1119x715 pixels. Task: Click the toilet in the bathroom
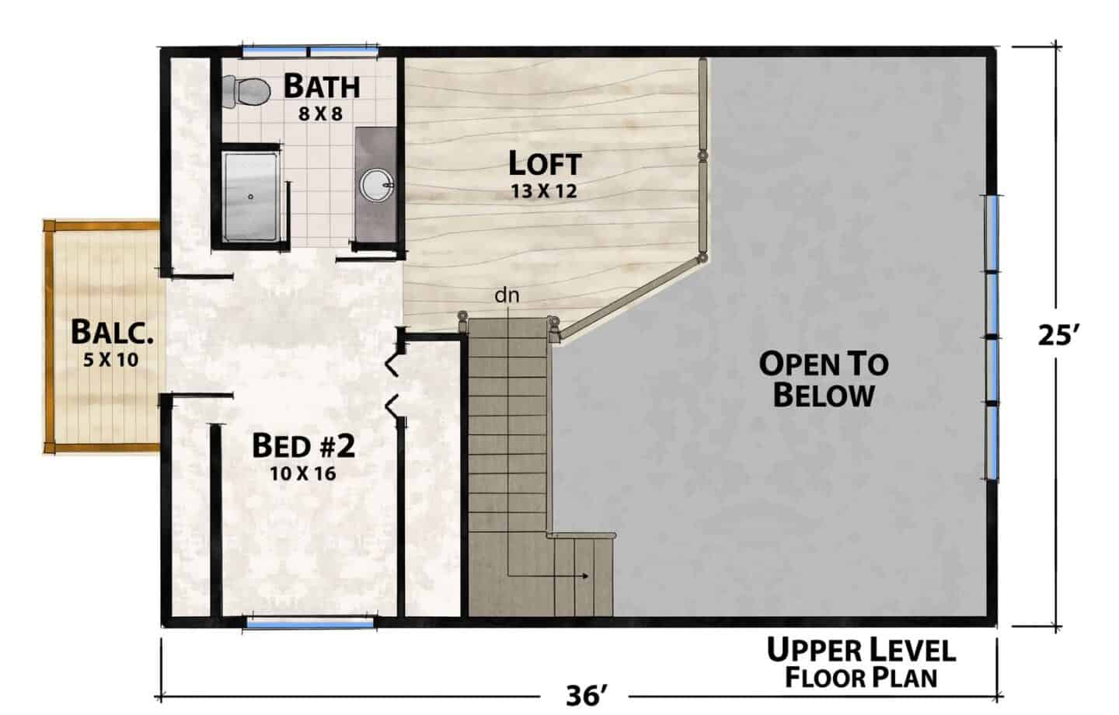point(246,92)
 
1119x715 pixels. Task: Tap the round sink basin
point(376,184)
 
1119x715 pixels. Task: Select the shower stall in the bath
point(249,197)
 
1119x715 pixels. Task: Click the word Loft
point(545,163)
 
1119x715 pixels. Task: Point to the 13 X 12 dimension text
point(544,191)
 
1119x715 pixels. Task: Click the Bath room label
point(322,86)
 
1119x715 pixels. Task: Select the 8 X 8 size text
point(321,114)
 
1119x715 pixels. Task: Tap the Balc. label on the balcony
point(112,332)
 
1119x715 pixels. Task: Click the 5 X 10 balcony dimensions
point(111,360)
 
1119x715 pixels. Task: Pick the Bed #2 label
point(304,445)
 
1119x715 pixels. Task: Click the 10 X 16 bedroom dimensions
point(303,473)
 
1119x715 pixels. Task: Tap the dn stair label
point(507,296)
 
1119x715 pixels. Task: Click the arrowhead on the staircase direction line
point(586,576)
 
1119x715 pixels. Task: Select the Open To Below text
point(824,379)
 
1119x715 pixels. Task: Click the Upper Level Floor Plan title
point(861,663)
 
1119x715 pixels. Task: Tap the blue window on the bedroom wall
point(310,623)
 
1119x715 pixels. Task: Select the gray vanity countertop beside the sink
point(375,184)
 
